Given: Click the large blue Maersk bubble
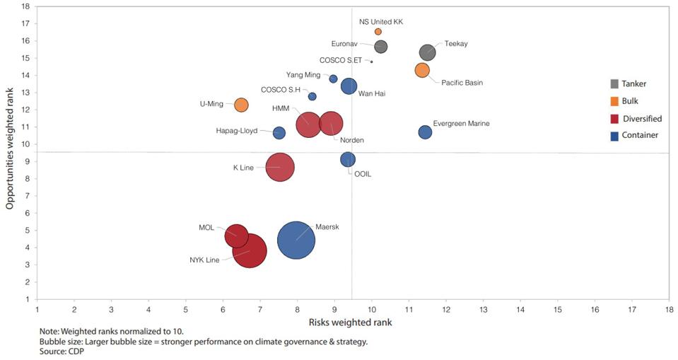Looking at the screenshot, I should (296, 240).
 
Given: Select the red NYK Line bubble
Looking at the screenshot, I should (249, 250).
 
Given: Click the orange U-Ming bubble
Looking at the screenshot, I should (241, 105).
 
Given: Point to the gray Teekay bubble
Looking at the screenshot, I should (427, 52).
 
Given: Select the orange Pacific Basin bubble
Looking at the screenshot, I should (422, 70).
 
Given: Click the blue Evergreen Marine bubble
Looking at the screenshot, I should (425, 132).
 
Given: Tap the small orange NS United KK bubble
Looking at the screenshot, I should (378, 32).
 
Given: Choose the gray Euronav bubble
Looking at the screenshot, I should (381, 47).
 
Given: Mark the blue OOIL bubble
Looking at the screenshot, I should (348, 160).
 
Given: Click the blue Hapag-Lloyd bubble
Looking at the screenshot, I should (279, 133).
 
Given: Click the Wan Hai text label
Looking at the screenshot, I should (371, 93).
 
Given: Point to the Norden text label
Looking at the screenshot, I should (352, 140).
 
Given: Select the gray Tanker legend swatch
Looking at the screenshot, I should (614, 83).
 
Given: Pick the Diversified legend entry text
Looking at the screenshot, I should (642, 119).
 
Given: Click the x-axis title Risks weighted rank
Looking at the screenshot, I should (350, 323).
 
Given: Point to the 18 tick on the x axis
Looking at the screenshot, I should (669, 309).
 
